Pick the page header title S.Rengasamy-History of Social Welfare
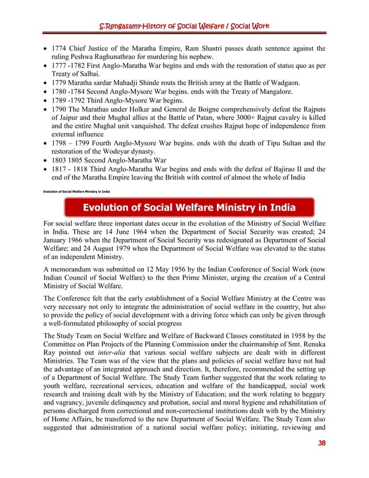tap(184, 27)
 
